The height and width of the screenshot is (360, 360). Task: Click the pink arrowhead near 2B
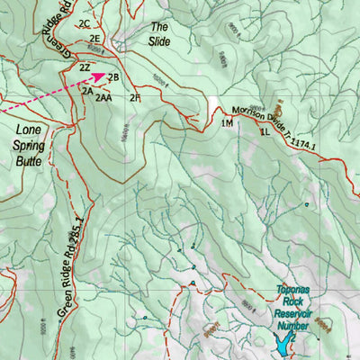click(100, 78)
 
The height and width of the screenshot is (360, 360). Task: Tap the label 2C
click(85, 22)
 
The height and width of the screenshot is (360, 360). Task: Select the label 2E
click(94, 40)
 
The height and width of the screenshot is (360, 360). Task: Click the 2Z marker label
click(85, 67)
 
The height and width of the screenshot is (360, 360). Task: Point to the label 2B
click(114, 77)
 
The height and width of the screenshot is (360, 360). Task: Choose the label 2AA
click(103, 97)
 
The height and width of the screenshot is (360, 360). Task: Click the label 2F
click(135, 97)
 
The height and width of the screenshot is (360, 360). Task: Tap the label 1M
click(227, 123)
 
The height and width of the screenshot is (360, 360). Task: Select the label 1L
click(265, 132)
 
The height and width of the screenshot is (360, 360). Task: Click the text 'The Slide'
click(159, 34)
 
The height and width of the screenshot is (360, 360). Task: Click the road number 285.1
click(76, 229)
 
